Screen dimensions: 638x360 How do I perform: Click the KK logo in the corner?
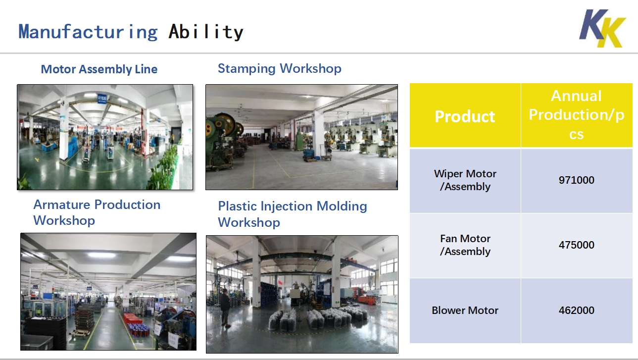click(602, 28)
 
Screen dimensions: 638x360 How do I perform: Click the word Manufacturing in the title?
click(88, 32)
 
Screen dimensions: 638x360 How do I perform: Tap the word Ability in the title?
click(206, 32)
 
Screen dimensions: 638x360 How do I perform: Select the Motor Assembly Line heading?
click(99, 69)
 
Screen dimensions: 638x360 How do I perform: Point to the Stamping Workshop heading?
click(280, 69)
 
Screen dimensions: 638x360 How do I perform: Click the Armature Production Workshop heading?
click(97, 212)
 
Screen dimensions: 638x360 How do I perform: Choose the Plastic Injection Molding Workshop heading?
click(293, 214)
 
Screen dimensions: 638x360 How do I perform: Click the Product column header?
click(465, 116)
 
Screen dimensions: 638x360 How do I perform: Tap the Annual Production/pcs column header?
click(577, 114)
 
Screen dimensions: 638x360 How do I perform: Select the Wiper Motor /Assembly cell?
click(465, 180)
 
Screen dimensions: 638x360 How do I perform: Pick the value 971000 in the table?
click(577, 180)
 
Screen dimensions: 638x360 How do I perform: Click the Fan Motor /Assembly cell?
click(465, 245)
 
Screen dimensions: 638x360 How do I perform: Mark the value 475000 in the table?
click(577, 245)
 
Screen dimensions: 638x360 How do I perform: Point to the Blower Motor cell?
click(465, 310)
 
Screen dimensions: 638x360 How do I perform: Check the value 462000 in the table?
click(577, 310)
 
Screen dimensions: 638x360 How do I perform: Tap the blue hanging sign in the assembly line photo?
click(101, 99)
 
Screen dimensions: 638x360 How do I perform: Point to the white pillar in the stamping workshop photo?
click(318, 134)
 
